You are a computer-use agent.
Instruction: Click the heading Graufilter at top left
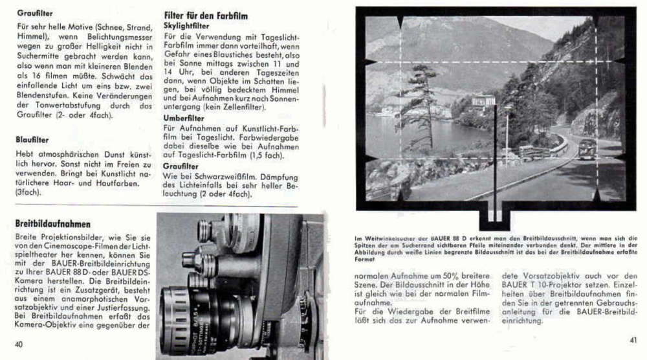35,12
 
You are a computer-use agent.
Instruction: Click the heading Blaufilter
32,138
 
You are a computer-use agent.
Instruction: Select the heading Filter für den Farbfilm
206,15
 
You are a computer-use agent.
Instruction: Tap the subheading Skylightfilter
187,25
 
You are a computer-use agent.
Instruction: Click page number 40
19,344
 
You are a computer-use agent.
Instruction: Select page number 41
633,339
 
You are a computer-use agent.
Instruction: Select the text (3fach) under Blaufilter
27,192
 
